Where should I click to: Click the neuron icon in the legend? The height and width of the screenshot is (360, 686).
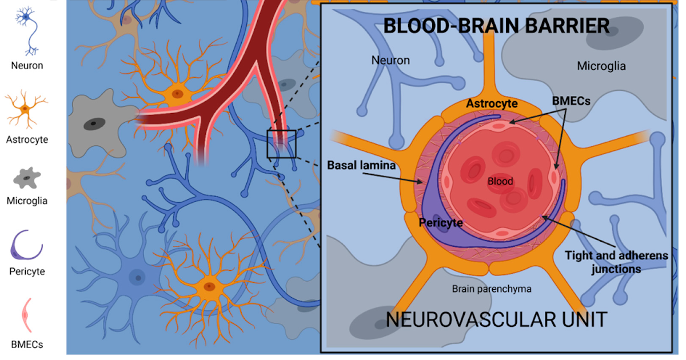click(27, 30)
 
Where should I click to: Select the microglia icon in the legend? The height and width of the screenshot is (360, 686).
click(26, 178)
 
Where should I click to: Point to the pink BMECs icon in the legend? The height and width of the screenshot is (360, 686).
click(26, 315)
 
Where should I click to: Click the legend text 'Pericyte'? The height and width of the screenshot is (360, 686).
click(27, 271)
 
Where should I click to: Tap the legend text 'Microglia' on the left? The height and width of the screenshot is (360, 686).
click(27, 201)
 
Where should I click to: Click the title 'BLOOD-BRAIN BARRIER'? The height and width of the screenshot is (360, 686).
click(496, 26)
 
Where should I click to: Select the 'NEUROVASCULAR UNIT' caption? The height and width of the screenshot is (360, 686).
click(496, 319)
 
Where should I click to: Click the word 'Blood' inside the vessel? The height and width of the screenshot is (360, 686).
click(500, 182)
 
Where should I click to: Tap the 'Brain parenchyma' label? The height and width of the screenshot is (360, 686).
click(491, 289)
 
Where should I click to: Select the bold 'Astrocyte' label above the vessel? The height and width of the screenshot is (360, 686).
click(492, 104)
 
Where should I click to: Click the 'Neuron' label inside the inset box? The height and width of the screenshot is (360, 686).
click(390, 60)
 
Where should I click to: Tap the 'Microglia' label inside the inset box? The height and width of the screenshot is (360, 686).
click(601, 66)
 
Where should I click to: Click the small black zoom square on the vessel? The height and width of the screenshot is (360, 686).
click(281, 144)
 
